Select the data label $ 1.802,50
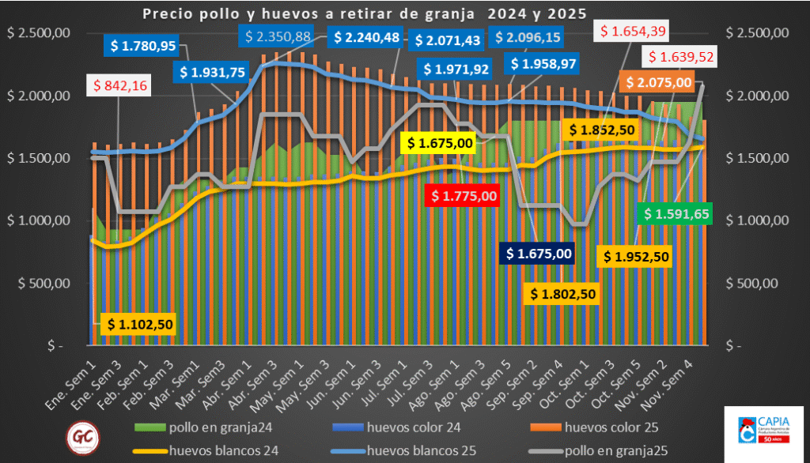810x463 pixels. coord(562,294)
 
